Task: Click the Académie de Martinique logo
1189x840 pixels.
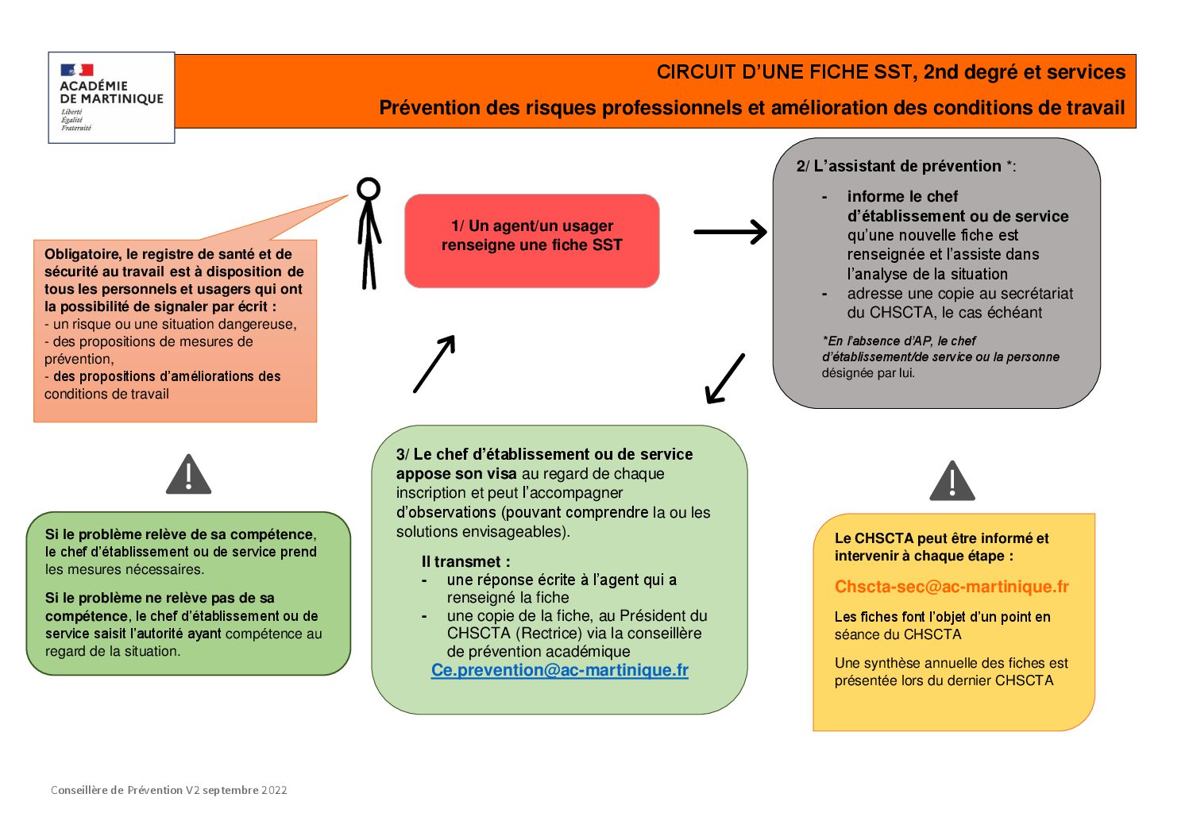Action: pyautogui.click(x=110, y=97)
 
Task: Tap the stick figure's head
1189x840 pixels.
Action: pyautogui.click(x=369, y=189)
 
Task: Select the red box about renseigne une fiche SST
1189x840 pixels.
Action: pyautogui.click(x=531, y=240)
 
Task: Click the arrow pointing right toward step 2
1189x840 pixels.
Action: pyautogui.click(x=730, y=232)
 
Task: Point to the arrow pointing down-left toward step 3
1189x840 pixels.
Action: pyautogui.click(x=724, y=380)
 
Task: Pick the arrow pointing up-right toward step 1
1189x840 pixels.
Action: pyautogui.click(x=434, y=364)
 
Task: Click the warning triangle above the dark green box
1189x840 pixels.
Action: pyautogui.click(x=188, y=476)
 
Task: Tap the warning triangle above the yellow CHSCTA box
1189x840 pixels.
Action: pyautogui.click(x=952, y=481)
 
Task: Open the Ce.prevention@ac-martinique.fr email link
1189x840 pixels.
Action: pyautogui.click(x=559, y=670)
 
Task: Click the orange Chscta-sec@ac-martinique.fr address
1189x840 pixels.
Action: pyautogui.click(x=951, y=587)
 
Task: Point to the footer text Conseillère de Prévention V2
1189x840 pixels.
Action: pyautogui.click(x=168, y=790)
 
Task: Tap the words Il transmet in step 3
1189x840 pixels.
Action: pyautogui.click(x=465, y=561)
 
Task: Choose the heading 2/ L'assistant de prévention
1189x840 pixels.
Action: pyautogui.click(x=905, y=166)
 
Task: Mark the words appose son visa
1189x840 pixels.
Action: pyautogui.click(x=456, y=474)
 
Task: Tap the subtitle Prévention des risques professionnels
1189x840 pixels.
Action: pyautogui.click(x=751, y=108)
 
